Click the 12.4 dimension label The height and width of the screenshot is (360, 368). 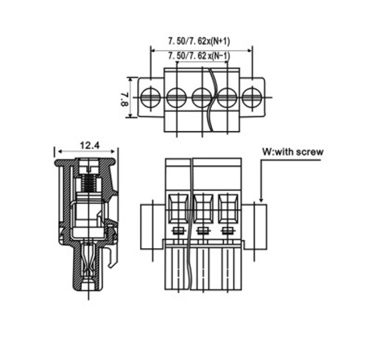(x=90, y=146)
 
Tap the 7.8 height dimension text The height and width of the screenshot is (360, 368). (x=124, y=99)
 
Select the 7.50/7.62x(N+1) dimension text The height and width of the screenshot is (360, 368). (x=199, y=41)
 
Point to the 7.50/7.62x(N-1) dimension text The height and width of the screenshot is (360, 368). (x=199, y=56)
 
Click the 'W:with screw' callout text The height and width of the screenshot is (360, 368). (x=293, y=152)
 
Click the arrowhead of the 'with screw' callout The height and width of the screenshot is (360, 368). (x=261, y=200)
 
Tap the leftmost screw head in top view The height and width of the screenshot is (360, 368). (x=150, y=97)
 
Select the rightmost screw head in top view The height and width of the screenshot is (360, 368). (x=252, y=97)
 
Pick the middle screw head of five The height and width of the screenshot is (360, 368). (x=202, y=97)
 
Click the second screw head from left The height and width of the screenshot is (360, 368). (x=177, y=97)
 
